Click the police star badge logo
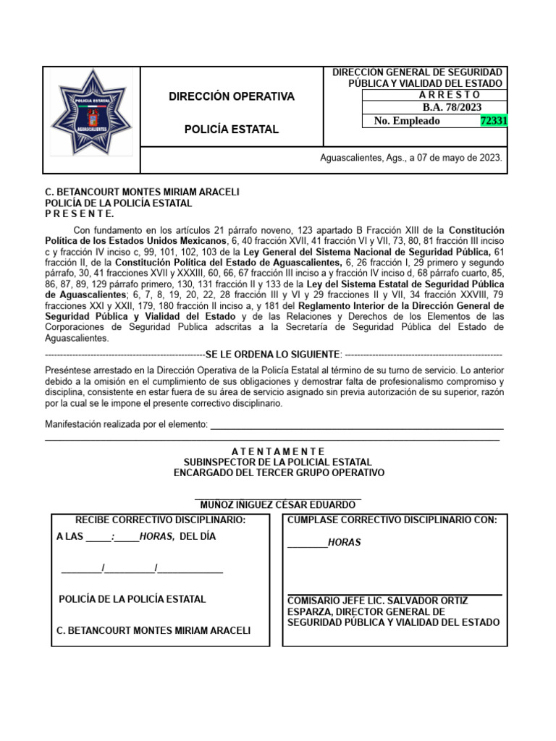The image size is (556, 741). click(x=90, y=112)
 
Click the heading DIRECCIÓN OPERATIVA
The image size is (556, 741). click(x=232, y=96)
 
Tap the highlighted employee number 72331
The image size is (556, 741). click(x=494, y=121)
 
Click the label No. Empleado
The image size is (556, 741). click(x=407, y=121)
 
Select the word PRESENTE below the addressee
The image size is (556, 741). click(x=80, y=214)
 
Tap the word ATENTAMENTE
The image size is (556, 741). click(x=279, y=452)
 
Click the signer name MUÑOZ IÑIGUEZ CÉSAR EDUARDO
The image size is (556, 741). click(x=279, y=504)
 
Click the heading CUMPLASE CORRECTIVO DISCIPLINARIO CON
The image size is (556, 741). click(x=392, y=520)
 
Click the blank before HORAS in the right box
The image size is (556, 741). click(x=307, y=543)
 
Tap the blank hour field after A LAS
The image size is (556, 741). click(x=98, y=537)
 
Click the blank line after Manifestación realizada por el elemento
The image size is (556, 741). click(x=356, y=425)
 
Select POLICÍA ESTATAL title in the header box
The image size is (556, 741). click(x=232, y=129)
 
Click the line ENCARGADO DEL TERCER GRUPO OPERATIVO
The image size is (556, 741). click(x=279, y=473)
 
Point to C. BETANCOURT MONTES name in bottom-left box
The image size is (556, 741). click(x=153, y=630)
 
